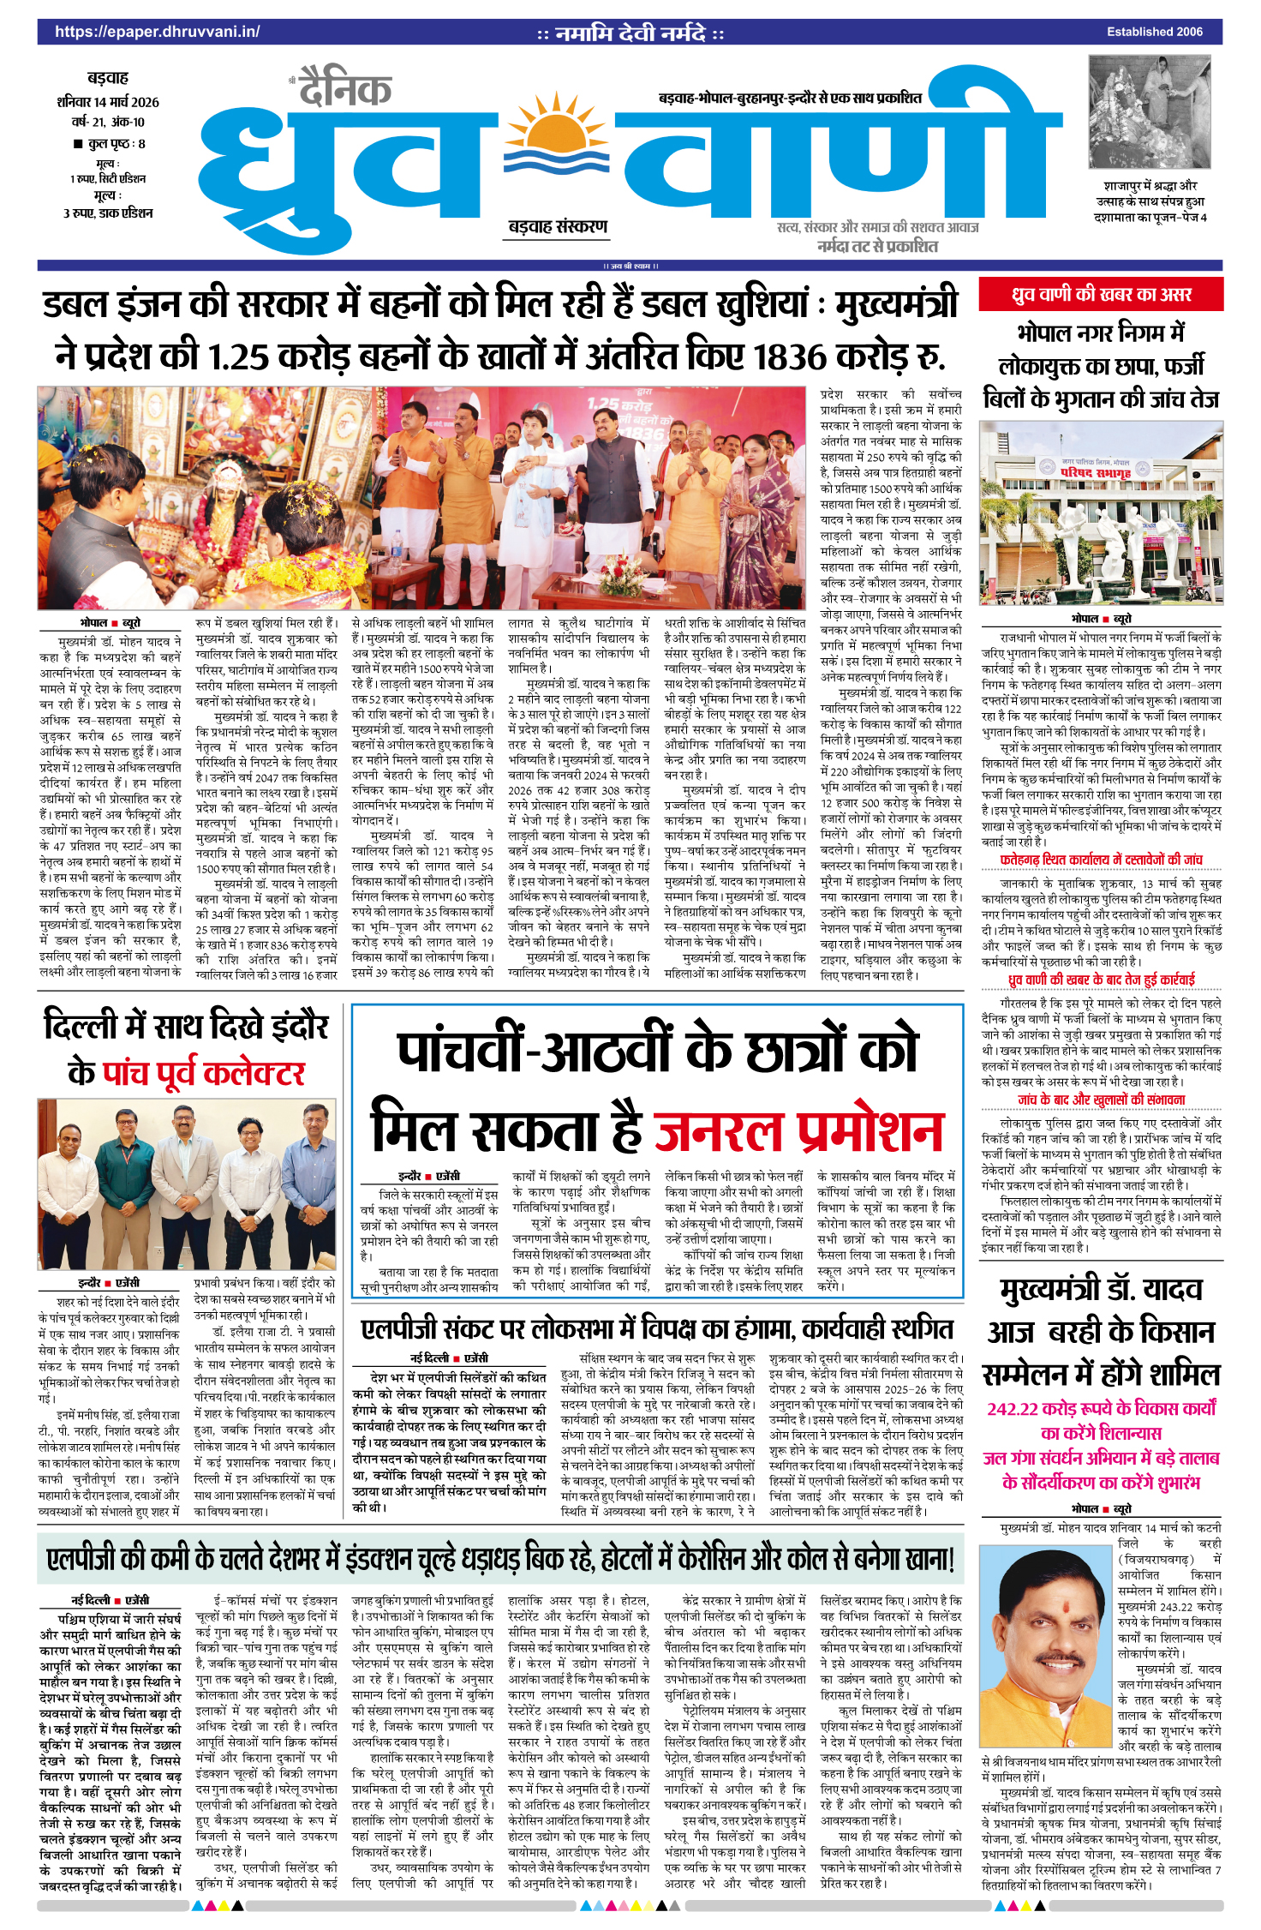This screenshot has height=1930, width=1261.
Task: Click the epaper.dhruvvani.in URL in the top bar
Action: pos(157,32)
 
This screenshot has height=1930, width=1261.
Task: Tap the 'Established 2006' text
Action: pos(1154,32)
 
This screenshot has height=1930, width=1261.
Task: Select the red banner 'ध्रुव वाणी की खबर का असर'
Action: pos(1101,295)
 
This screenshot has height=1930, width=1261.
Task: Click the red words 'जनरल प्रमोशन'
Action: pos(798,1131)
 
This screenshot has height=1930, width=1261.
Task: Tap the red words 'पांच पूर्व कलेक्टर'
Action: pos(204,1073)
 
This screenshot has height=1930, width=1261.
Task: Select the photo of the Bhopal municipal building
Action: pos(1101,512)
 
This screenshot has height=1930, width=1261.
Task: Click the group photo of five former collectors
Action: pos(186,1184)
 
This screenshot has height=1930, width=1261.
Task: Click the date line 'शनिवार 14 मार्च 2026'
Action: pos(108,102)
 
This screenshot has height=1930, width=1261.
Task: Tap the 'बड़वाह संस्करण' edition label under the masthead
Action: pos(558,226)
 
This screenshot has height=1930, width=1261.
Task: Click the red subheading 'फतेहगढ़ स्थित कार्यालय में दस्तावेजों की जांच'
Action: pos(1101,859)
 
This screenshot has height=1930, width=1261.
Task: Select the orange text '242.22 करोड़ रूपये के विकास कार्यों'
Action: pos(1101,1408)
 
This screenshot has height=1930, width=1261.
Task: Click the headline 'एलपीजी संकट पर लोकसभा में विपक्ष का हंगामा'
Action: pos(656,1329)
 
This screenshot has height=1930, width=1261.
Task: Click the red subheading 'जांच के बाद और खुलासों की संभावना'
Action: pos(1101,1100)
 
